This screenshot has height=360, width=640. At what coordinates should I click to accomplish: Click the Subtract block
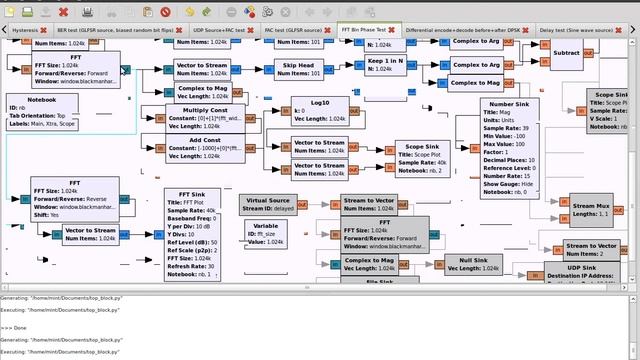566,52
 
